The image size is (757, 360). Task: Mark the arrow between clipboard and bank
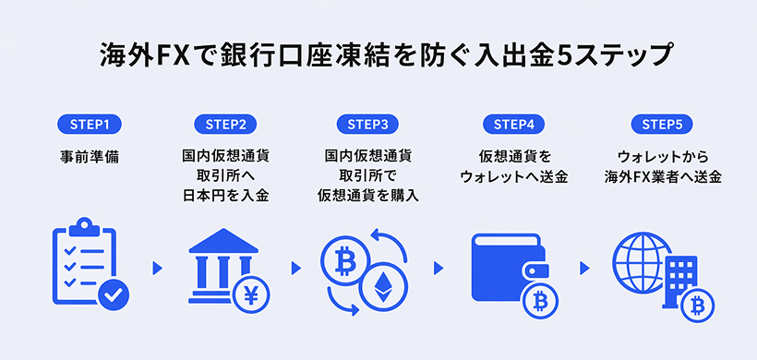point(157,268)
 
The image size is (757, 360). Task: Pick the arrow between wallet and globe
point(584,268)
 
